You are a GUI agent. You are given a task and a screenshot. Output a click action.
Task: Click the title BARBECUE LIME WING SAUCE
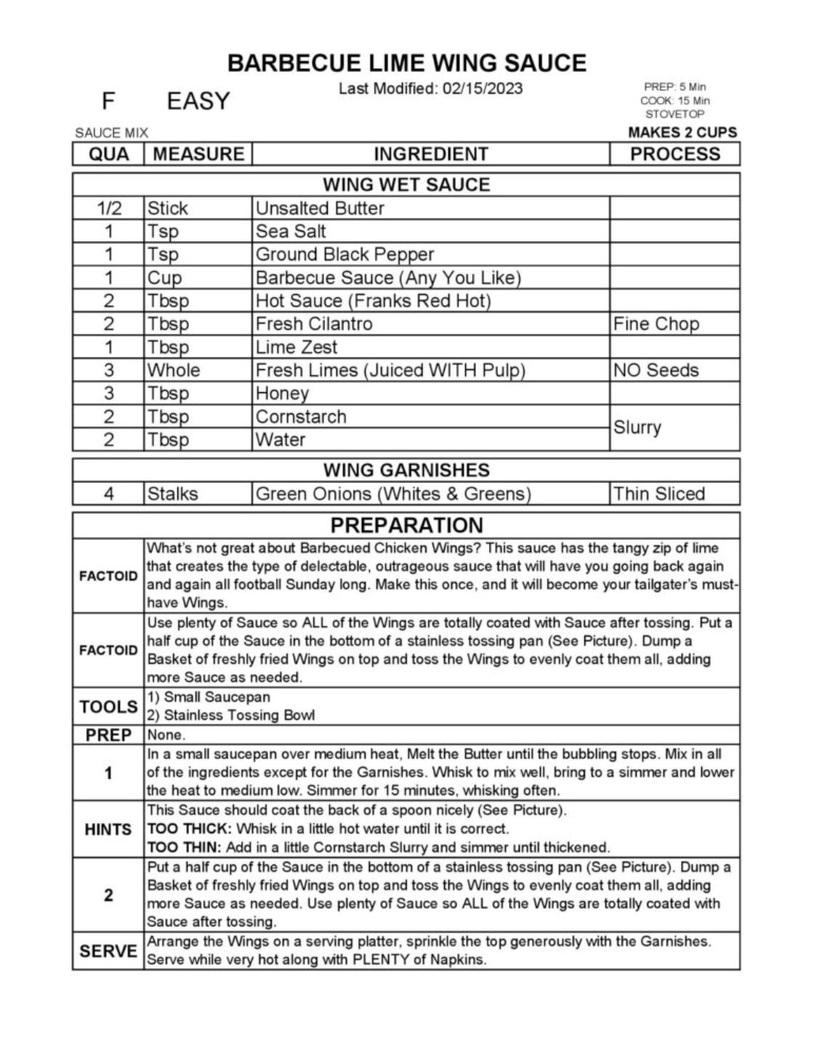pyautogui.click(x=406, y=63)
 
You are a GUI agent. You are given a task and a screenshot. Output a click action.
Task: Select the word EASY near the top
pyautogui.click(x=198, y=101)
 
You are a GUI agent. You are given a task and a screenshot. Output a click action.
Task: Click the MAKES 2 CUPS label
pyautogui.click(x=682, y=132)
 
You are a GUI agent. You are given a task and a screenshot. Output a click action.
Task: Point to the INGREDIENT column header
pyautogui.click(x=430, y=154)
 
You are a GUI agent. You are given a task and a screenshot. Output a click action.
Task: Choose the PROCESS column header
pyautogui.click(x=674, y=154)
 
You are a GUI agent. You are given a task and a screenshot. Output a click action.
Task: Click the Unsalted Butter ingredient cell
pyautogui.click(x=320, y=208)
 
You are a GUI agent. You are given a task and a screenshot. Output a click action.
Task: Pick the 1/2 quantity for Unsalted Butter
pyautogui.click(x=108, y=208)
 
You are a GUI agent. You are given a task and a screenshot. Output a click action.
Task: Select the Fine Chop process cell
pyautogui.click(x=656, y=324)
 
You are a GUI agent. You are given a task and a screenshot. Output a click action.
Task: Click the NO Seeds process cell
pyautogui.click(x=656, y=370)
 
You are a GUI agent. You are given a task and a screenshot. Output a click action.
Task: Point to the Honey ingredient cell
pyautogui.click(x=282, y=394)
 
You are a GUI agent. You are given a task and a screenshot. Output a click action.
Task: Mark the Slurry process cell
pyautogui.click(x=637, y=428)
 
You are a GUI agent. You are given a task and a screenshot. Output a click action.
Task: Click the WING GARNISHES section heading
pyautogui.click(x=406, y=470)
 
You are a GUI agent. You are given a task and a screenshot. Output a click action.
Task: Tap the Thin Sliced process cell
pyautogui.click(x=658, y=494)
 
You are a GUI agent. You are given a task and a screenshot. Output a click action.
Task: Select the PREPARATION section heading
pyautogui.click(x=406, y=525)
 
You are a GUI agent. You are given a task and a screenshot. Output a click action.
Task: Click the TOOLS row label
pyautogui.click(x=108, y=707)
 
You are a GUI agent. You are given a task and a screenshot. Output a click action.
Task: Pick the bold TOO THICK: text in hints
pyautogui.click(x=190, y=829)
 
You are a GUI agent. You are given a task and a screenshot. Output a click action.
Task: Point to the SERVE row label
pyautogui.click(x=108, y=951)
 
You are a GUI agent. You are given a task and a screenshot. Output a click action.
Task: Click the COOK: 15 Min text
pyautogui.click(x=674, y=101)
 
